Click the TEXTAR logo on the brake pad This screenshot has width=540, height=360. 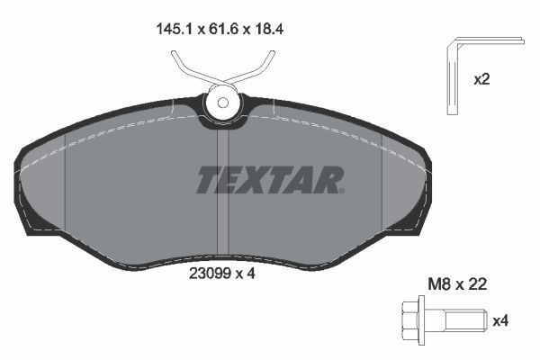pyautogui.click(x=270, y=180)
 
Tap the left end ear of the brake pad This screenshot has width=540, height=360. pyautogui.click(x=31, y=193)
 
